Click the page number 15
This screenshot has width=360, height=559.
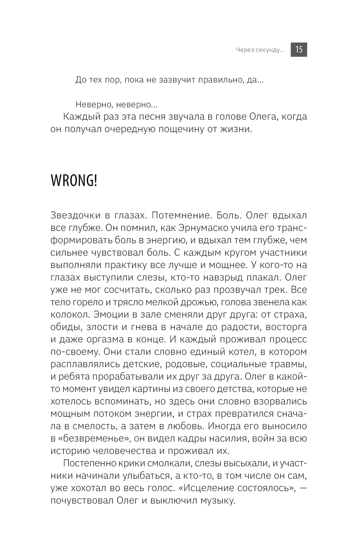tap(299, 50)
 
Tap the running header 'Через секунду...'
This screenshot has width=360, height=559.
tap(260, 50)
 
